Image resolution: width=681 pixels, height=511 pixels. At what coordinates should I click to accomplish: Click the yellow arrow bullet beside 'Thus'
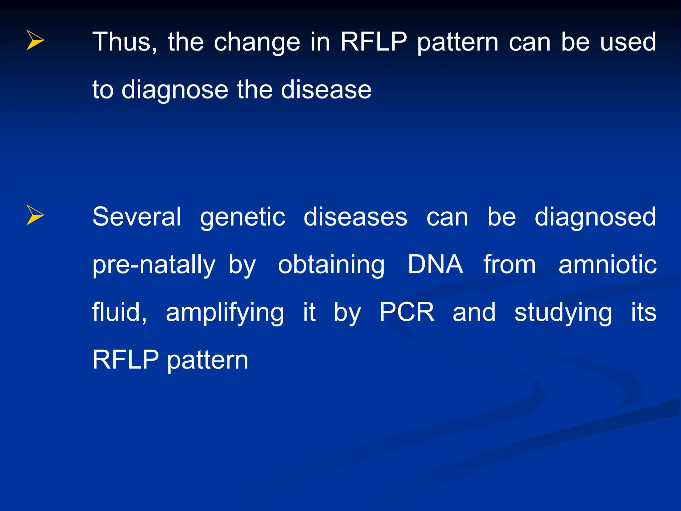(35, 40)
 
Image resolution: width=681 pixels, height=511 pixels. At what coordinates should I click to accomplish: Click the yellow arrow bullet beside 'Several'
(35, 215)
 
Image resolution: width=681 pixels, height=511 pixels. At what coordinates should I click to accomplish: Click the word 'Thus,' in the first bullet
(125, 42)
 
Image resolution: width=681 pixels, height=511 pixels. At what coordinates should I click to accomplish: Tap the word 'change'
(257, 42)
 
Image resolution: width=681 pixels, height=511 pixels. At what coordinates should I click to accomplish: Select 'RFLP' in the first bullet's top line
(373, 42)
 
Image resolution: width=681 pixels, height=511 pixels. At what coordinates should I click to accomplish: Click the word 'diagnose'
(175, 90)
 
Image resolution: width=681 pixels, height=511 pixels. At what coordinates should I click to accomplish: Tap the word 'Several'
(137, 217)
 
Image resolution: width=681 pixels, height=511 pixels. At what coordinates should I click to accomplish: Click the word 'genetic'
(242, 217)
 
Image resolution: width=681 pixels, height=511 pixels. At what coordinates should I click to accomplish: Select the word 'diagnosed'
(595, 217)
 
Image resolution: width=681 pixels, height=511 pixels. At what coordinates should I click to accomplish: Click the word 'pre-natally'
(154, 265)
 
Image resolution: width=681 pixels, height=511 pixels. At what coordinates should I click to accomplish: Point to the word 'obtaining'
(331, 265)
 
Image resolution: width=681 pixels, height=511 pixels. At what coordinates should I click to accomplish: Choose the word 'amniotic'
(607, 265)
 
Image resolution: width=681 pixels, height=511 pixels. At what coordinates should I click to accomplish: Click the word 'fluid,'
(119, 312)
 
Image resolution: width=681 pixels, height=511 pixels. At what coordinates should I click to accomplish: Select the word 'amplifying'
(225, 313)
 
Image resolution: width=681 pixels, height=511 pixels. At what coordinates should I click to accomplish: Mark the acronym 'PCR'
(407, 312)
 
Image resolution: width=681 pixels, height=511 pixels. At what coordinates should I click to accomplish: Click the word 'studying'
(563, 313)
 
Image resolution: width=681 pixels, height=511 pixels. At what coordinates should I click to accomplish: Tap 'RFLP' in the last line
(125, 360)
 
